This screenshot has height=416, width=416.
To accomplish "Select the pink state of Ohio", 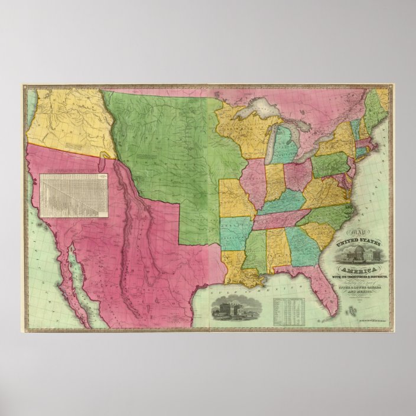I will [x=297, y=175].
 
